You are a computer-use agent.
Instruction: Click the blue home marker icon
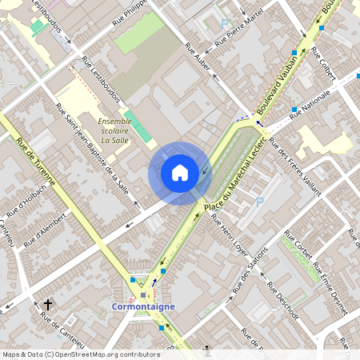pos(180,172)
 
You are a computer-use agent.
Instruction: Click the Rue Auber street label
pos(198,59)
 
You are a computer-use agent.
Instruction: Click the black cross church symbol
pos(48,304)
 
